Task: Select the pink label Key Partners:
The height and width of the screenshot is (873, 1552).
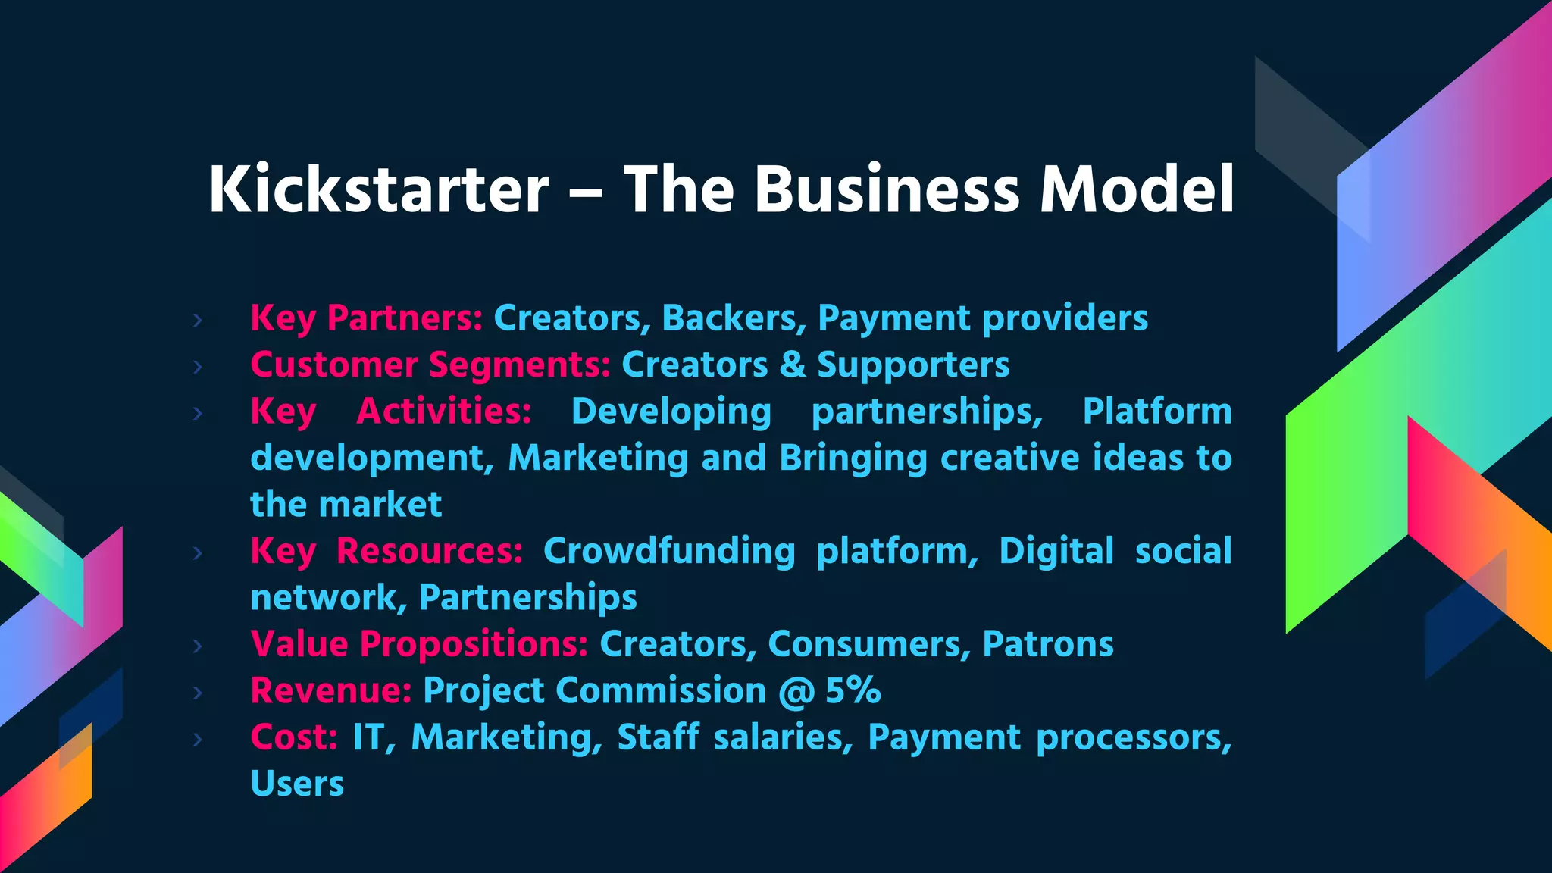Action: pyautogui.click(x=367, y=318)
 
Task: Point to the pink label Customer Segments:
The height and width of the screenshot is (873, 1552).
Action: pyautogui.click(x=430, y=365)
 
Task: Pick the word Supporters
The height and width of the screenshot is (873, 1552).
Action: pyautogui.click(x=913, y=365)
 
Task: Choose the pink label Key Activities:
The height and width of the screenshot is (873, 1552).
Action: pyautogui.click(x=391, y=411)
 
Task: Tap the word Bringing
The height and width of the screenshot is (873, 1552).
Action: pyautogui.click(x=853, y=458)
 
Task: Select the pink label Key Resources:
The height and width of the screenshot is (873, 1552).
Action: pyautogui.click(x=386, y=551)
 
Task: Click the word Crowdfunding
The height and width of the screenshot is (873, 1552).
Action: pyautogui.click(x=669, y=551)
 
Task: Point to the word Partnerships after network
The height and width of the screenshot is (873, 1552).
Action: pyautogui.click(x=527, y=598)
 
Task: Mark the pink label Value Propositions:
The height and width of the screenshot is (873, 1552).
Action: pyautogui.click(x=419, y=644)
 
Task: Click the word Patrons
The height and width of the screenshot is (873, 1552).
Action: pyautogui.click(x=1048, y=644)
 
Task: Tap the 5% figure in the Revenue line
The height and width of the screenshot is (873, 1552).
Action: pyautogui.click(x=853, y=690)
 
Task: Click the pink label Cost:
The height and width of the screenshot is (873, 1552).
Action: pyautogui.click(x=294, y=737)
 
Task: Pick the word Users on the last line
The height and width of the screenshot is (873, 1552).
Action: pyautogui.click(x=297, y=784)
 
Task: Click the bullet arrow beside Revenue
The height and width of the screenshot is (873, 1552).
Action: pyautogui.click(x=198, y=693)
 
